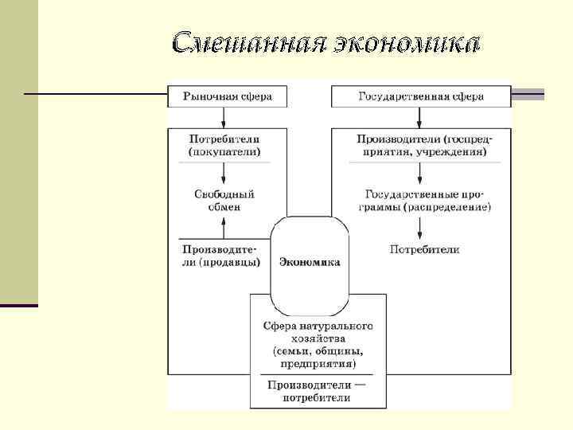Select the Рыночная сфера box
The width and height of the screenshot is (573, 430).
[x=227, y=96]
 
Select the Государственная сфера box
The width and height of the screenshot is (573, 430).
[x=421, y=96]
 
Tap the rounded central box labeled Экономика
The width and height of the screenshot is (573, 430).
[x=310, y=262]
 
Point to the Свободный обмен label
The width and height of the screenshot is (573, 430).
[x=224, y=200]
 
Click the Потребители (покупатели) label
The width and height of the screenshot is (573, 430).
[x=224, y=144]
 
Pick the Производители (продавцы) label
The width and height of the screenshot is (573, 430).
[x=222, y=256]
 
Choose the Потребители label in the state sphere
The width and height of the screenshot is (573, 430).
[x=424, y=250]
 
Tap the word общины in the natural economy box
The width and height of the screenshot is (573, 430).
[x=338, y=351]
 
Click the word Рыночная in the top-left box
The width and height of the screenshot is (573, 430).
[x=209, y=96]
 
